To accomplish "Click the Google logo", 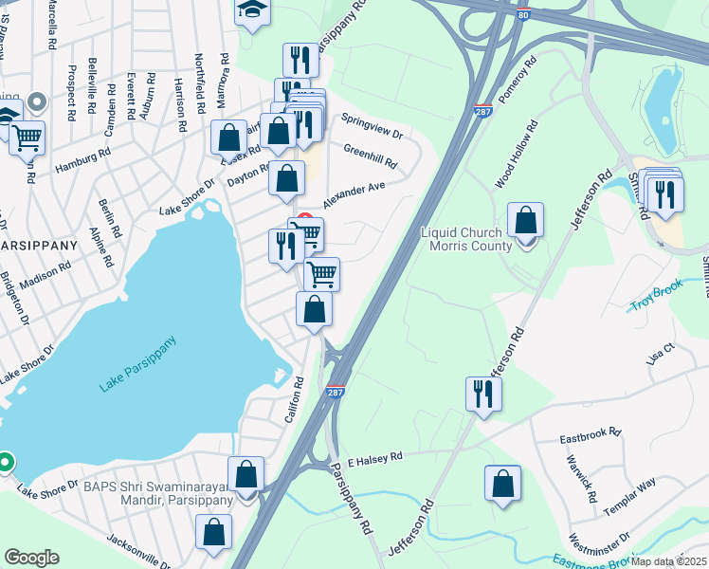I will coord(31,558).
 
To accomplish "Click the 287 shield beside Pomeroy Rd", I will coord(482,111).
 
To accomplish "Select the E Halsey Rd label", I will coord(375,457).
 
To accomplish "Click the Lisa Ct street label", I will coord(659,355).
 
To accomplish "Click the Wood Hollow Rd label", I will coord(517,153).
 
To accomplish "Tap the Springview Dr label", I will coord(373,125).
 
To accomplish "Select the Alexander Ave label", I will coord(354,196).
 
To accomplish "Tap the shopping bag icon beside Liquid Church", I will coord(526,220).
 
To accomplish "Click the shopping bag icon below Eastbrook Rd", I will coord(502,483).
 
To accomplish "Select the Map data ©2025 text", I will coord(668,561).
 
